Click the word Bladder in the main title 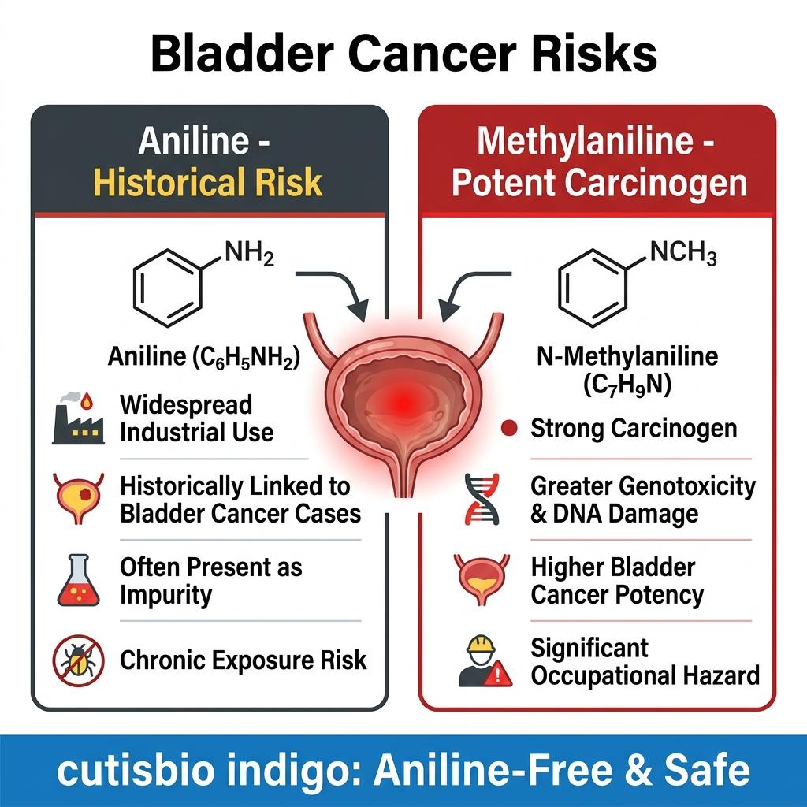[243, 54]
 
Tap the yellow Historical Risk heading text [208, 183]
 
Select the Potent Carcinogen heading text [599, 183]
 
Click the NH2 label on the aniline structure [250, 253]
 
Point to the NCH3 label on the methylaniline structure [683, 253]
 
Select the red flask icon [78, 580]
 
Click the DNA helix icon [482, 499]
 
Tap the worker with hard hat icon [485, 661]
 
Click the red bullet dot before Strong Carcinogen [509, 428]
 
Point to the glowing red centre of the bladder [404, 402]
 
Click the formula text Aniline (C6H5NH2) [204, 357]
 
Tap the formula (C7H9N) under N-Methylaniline [627, 384]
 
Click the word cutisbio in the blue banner [135, 771]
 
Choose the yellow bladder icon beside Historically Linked [78, 498]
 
